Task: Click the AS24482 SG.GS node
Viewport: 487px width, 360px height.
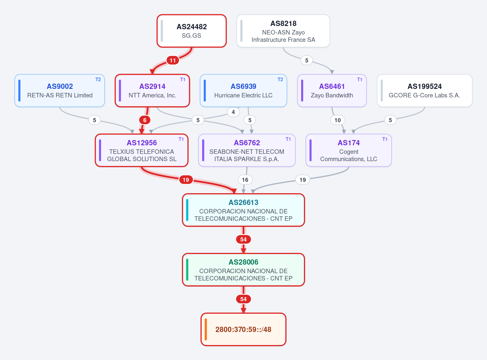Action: (192, 31)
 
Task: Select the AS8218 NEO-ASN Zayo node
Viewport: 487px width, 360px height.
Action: (283, 31)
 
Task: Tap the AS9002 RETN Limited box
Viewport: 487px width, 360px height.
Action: (60, 91)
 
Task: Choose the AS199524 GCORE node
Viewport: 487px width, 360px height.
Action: (425, 91)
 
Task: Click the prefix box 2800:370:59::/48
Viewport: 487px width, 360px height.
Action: (243, 330)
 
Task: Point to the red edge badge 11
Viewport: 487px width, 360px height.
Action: (172, 60)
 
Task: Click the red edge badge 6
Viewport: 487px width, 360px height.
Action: (145, 120)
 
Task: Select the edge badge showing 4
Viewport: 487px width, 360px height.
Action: (233, 112)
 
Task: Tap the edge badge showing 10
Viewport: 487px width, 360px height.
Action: (338, 120)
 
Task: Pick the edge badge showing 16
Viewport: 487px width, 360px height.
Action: (245, 180)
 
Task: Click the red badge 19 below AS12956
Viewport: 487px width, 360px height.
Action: (186, 180)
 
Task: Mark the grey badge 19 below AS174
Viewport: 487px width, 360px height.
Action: (303, 180)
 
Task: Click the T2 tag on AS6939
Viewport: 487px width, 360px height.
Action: (280, 80)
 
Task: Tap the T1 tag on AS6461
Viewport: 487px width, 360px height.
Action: (360, 80)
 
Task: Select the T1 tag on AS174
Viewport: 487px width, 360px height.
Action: (385, 139)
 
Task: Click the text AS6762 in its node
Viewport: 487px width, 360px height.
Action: (247, 143)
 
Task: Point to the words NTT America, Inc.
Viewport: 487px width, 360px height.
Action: (152, 95)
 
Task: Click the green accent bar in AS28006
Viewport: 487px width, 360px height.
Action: (187, 270)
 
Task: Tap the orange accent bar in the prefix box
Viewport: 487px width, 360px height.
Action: (206, 330)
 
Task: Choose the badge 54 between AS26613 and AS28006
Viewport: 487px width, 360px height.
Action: (243, 239)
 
